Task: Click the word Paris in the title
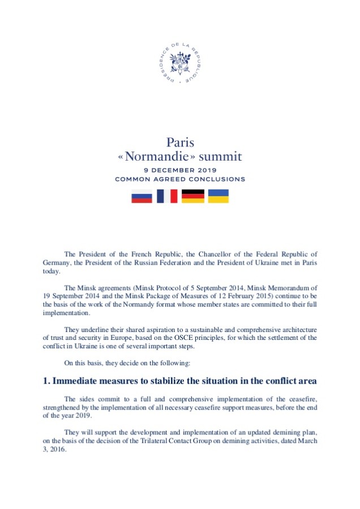point(180,142)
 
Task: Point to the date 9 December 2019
point(180,170)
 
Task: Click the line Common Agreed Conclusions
point(180,179)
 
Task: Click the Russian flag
point(142,196)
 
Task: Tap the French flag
point(167,196)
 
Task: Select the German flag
point(192,196)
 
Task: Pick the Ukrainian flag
point(218,196)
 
